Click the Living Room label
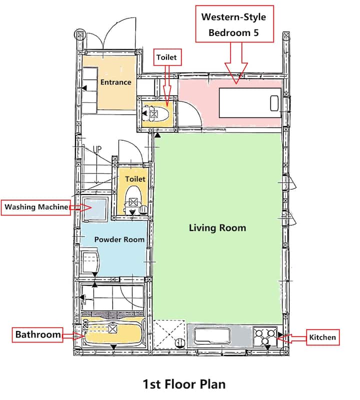[x=217, y=228]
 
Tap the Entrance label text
[x=115, y=82]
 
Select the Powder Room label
[x=119, y=239]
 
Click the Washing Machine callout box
[x=36, y=207]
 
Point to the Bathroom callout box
[x=37, y=334]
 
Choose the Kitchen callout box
[x=322, y=337]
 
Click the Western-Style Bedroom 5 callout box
[x=234, y=23]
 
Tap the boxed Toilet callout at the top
[x=167, y=57]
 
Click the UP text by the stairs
[x=97, y=149]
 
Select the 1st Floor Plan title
[x=184, y=384]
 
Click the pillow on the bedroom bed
[x=274, y=103]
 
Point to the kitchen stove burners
[x=265, y=336]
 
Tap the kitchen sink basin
[x=212, y=336]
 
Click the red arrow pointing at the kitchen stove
[x=291, y=338]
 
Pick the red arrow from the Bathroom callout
[x=73, y=335]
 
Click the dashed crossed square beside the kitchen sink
[x=169, y=334]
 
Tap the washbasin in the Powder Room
[x=90, y=261]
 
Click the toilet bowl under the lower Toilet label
[x=133, y=196]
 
